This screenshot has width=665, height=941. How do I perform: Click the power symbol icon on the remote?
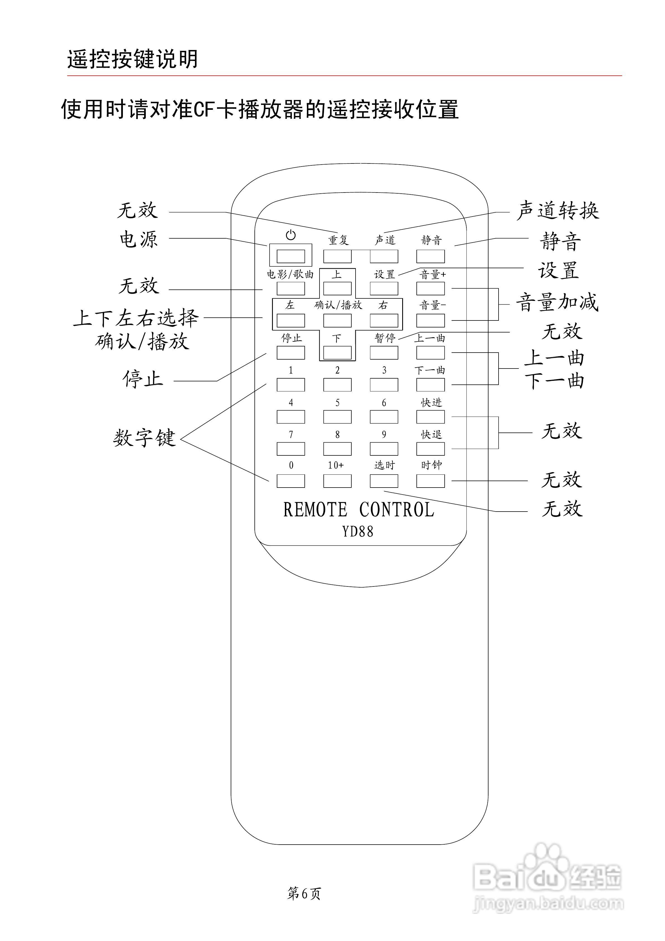coord(290,235)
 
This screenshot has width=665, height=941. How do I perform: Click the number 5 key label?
coord(337,402)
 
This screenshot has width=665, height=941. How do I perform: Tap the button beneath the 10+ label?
coord(337,481)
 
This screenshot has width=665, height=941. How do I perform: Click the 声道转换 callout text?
coord(557,211)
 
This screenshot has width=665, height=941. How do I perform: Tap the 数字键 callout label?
coord(144,438)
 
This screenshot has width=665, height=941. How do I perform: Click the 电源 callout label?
coord(139,239)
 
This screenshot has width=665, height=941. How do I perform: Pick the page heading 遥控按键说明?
coord(132,59)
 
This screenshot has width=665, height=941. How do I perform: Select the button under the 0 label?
coord(290,481)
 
